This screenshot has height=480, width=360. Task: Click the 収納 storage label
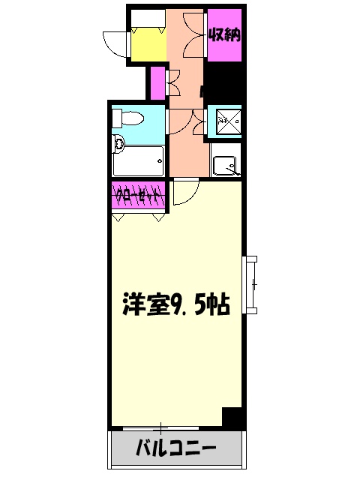coord(224,34)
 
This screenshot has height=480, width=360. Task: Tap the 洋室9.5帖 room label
coord(177,304)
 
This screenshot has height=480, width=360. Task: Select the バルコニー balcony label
coord(177,450)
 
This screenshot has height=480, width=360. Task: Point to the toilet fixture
coord(129,118)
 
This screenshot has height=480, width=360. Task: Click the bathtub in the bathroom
coord(138,160)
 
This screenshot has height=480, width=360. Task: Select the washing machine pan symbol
coord(224,120)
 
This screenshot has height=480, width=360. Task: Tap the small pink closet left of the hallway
coord(157,82)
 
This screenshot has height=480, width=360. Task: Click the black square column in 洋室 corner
coord(233,417)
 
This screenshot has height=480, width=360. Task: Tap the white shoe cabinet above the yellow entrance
coord(147,19)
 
